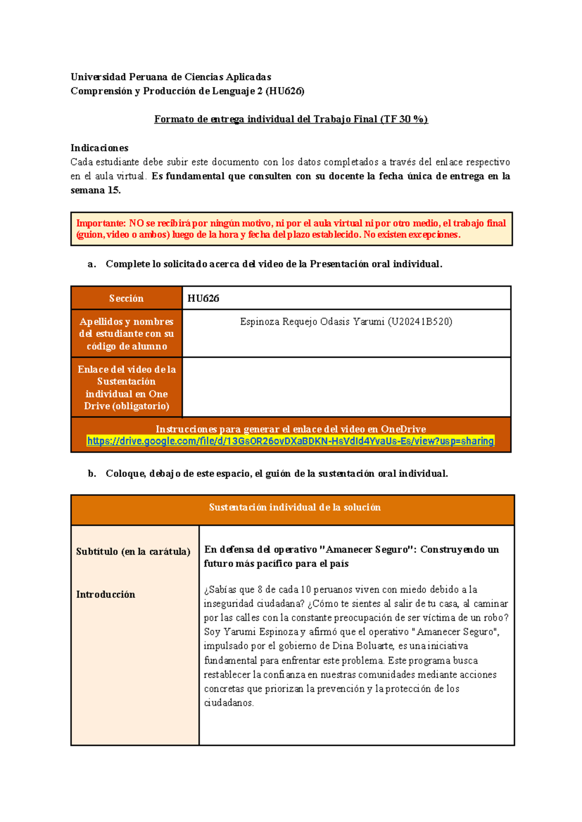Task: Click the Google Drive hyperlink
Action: [x=290, y=441]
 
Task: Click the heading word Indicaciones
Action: [x=99, y=148]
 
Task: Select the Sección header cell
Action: [x=126, y=298]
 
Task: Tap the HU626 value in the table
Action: [x=203, y=298]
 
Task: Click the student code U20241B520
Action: [x=420, y=321]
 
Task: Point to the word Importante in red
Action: [x=100, y=223]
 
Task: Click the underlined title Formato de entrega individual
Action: [x=291, y=119]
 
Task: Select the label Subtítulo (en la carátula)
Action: [x=133, y=552]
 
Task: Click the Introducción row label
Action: [x=106, y=594]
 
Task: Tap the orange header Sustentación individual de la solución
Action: [x=294, y=507]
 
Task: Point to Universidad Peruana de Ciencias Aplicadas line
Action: [x=171, y=77]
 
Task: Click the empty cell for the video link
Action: [x=346, y=387]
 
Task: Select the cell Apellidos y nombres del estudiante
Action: [x=126, y=333]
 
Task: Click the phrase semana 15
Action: [x=96, y=190]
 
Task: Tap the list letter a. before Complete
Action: [x=92, y=264]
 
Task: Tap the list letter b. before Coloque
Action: [x=92, y=474]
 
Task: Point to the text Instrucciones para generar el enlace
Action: [x=291, y=429]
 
